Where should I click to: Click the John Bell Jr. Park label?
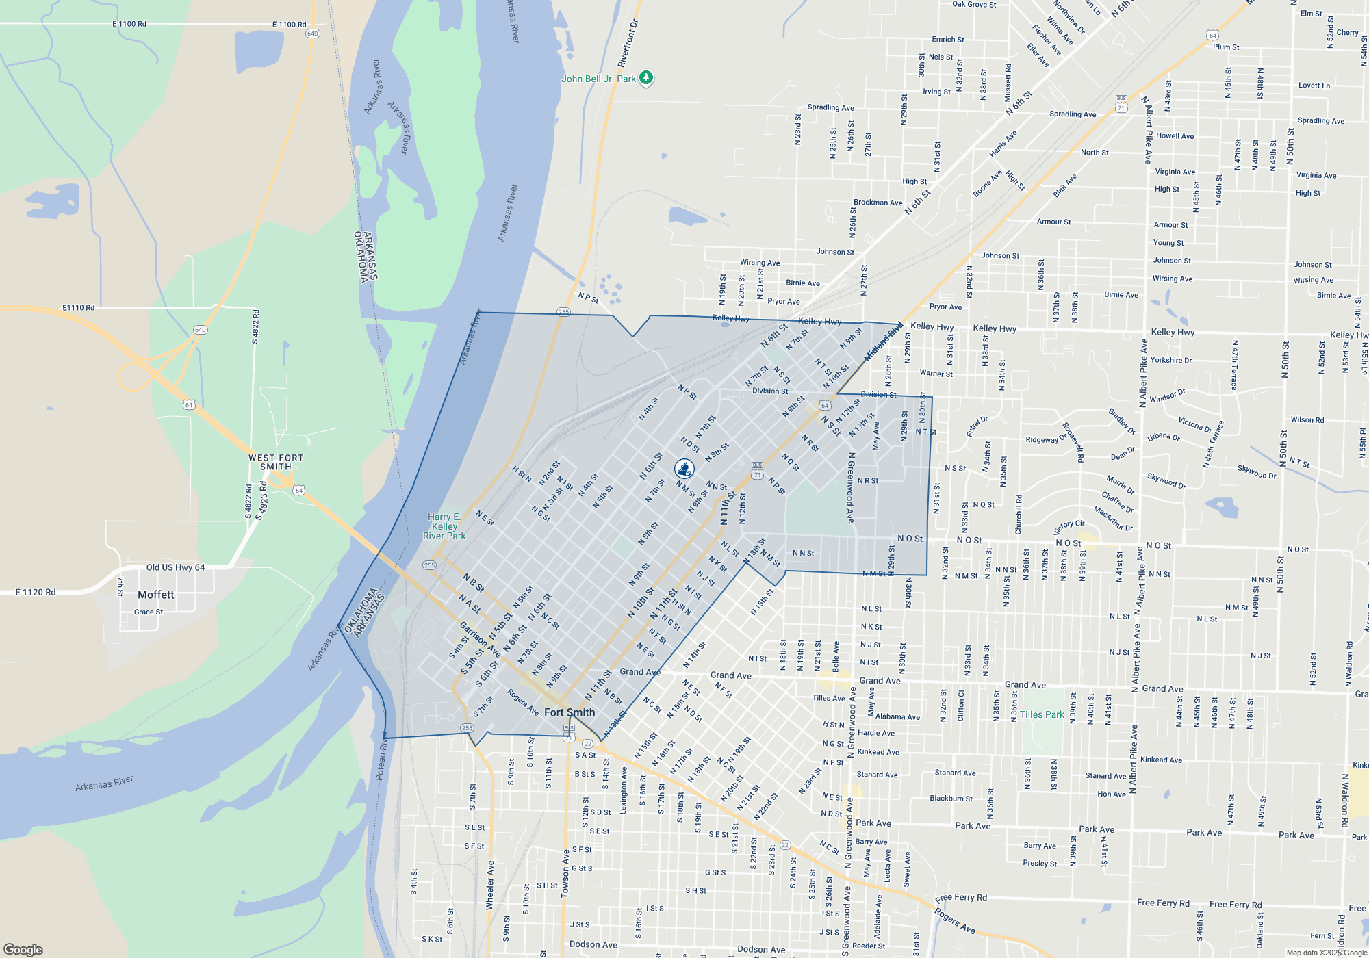click(598, 79)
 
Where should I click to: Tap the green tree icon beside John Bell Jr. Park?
click(645, 78)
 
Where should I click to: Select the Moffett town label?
click(156, 595)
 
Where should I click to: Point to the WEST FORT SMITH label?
click(276, 462)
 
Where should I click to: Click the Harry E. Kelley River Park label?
click(444, 526)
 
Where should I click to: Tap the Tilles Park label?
click(1042, 714)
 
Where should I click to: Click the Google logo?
click(23, 949)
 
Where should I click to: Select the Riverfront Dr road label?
click(628, 43)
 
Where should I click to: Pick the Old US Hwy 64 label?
click(175, 567)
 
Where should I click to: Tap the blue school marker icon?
click(684, 469)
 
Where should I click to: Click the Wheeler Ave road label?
click(490, 885)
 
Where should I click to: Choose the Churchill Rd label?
click(1019, 515)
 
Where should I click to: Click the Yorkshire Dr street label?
click(1171, 360)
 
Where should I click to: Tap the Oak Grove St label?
click(974, 5)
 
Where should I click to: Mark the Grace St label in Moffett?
click(149, 612)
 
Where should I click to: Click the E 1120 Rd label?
click(36, 592)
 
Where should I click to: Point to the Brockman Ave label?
click(878, 203)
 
